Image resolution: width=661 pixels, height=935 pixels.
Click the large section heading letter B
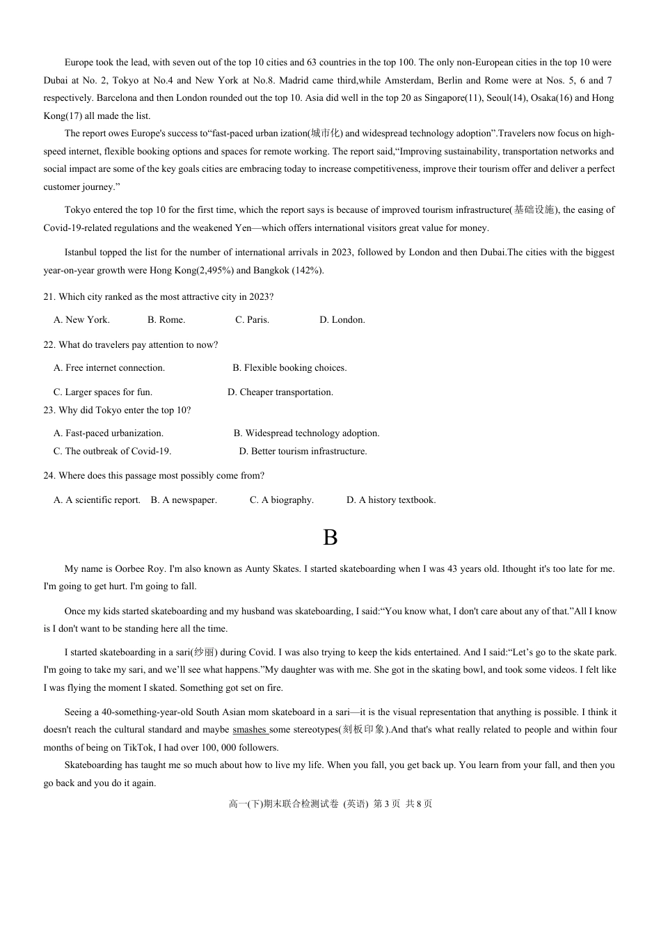click(330, 538)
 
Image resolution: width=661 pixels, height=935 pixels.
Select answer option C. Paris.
click(252, 320)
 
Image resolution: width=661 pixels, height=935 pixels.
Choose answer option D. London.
click(342, 320)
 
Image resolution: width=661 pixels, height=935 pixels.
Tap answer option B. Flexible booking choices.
click(289, 368)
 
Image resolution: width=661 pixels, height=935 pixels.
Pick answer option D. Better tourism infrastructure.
click(303, 451)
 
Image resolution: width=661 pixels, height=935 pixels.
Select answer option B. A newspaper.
click(184, 500)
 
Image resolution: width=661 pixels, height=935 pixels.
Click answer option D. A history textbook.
click(391, 500)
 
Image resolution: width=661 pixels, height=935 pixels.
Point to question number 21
click(49, 297)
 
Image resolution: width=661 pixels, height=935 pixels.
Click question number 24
click(49, 476)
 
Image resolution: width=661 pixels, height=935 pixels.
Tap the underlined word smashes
click(250, 730)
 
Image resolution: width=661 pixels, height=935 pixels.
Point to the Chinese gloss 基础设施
click(534, 210)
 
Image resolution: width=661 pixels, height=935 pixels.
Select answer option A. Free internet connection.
click(109, 368)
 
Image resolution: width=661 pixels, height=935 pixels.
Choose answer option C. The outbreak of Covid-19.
click(112, 451)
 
